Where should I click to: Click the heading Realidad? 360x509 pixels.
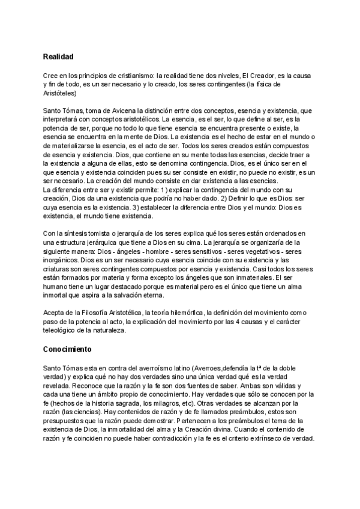(58, 56)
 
